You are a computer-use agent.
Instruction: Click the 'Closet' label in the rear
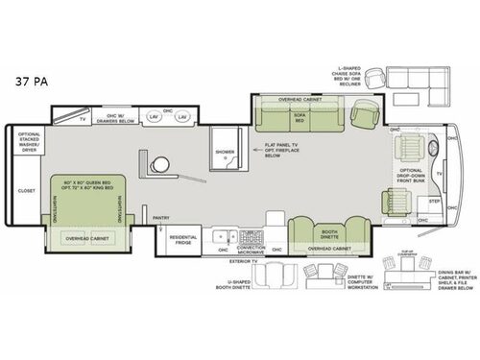pyautogui.click(x=26, y=191)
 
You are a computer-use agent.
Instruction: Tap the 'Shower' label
pyautogui.click(x=225, y=152)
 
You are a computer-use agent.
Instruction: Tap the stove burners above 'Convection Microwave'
pyautogui.click(x=253, y=234)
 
